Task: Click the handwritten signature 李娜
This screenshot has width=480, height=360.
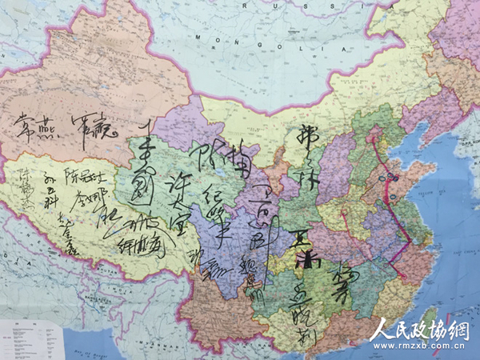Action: [86, 197]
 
